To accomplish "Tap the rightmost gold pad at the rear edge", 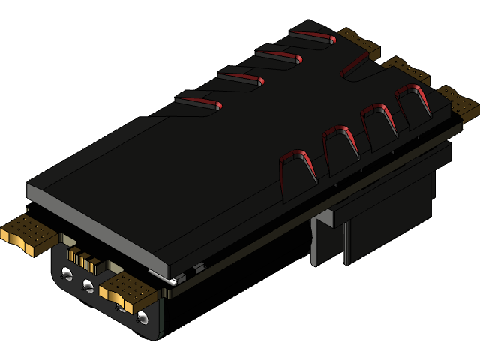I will [457, 102].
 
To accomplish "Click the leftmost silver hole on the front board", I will [68, 271].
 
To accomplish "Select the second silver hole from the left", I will [88, 285].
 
